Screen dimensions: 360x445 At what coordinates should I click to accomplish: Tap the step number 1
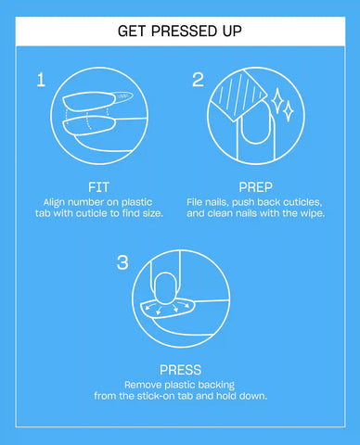[x=41, y=80]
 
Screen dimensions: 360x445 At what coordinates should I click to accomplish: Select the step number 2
[x=198, y=80]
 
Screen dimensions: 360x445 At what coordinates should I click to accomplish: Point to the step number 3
[x=122, y=262]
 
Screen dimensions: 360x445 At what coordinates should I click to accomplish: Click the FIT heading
[x=98, y=187]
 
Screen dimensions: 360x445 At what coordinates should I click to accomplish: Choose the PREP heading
[x=256, y=187]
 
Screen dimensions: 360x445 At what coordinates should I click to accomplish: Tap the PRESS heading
[x=180, y=370]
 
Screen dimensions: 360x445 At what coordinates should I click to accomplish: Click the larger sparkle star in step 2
[x=277, y=100]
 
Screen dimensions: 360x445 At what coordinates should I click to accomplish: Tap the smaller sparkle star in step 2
[x=289, y=110]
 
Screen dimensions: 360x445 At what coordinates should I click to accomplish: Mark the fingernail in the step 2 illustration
[x=256, y=123]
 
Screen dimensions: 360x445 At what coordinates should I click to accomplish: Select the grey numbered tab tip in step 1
[x=123, y=96]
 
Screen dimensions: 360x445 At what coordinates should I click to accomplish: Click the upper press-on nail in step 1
[x=90, y=101]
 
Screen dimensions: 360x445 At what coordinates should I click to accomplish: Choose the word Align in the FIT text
[x=54, y=202]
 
